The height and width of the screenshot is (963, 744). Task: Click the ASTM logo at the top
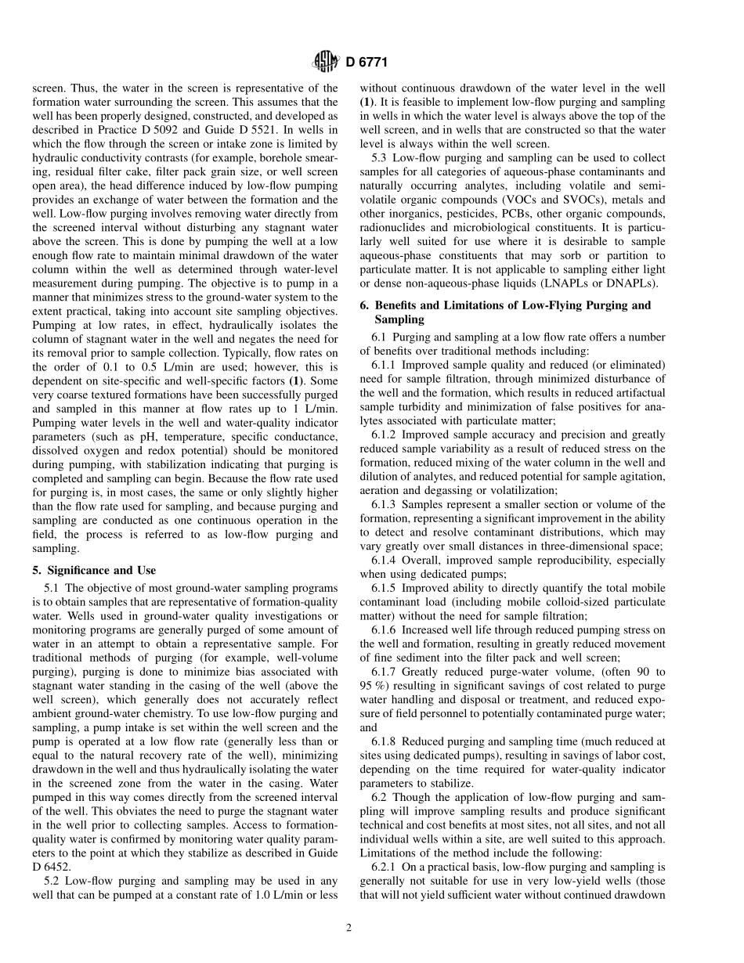pos(324,62)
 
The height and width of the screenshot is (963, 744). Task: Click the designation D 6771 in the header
pos(367,63)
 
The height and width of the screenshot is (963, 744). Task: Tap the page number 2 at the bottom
pos(350,929)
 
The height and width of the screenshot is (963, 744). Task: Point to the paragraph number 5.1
pos(52,588)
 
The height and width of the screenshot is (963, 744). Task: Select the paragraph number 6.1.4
pos(388,561)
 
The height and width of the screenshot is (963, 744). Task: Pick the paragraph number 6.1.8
pos(388,741)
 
